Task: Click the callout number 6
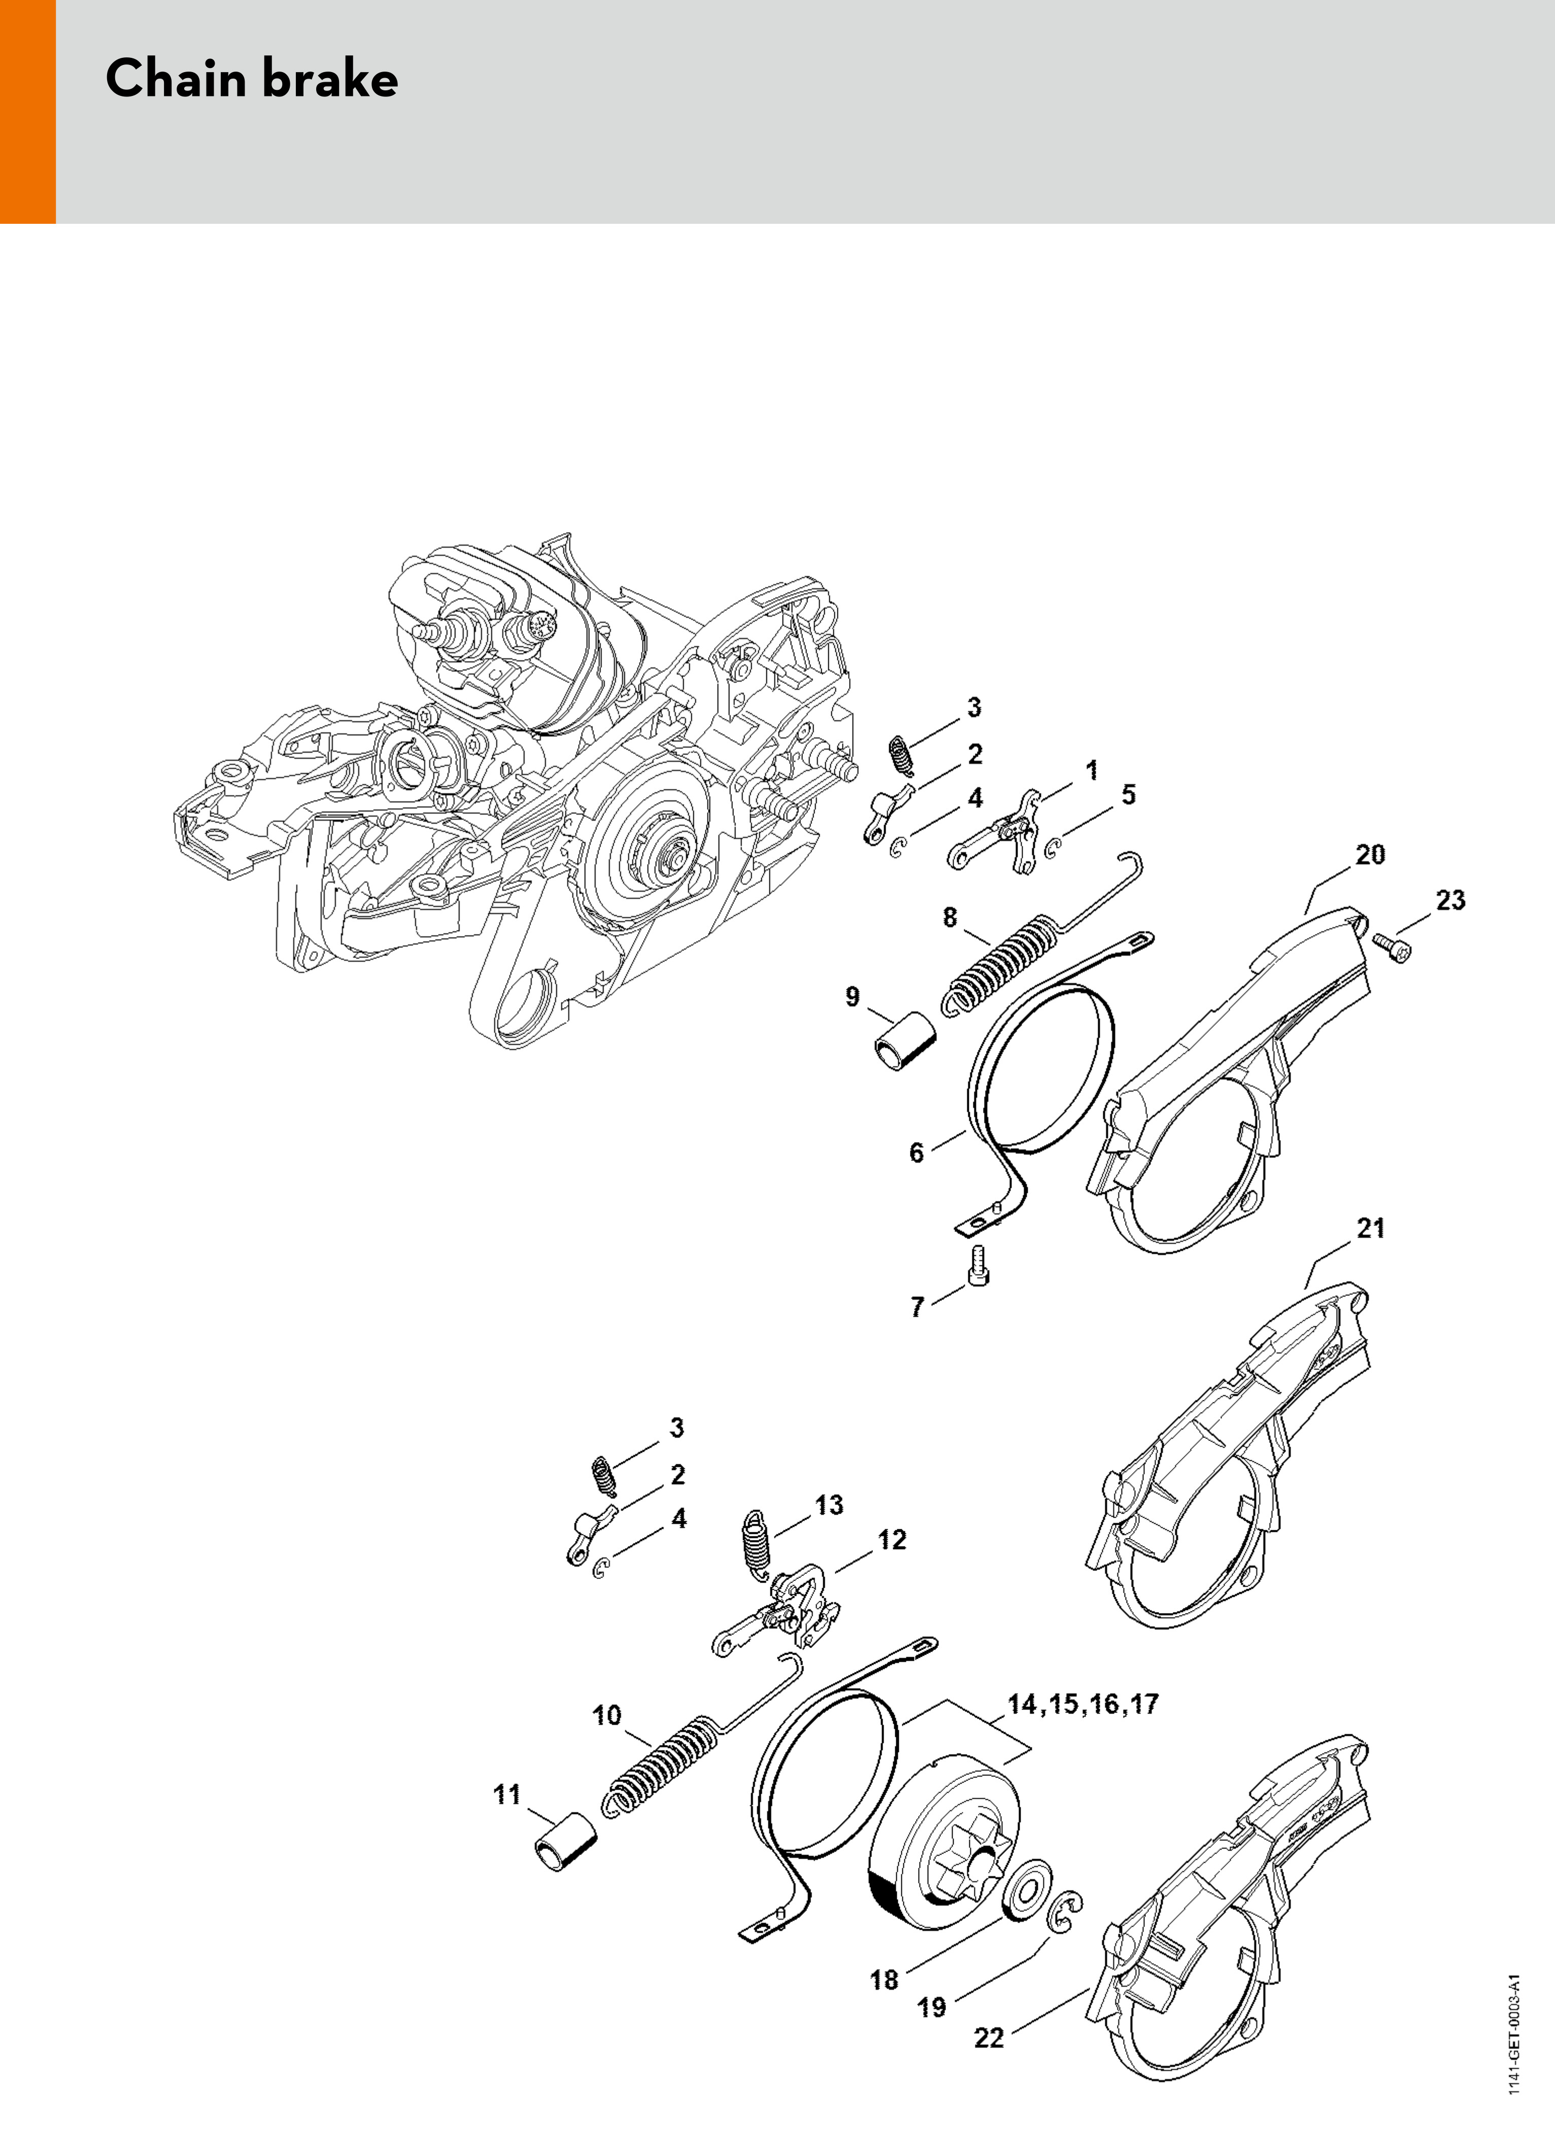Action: pos(916,1153)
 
